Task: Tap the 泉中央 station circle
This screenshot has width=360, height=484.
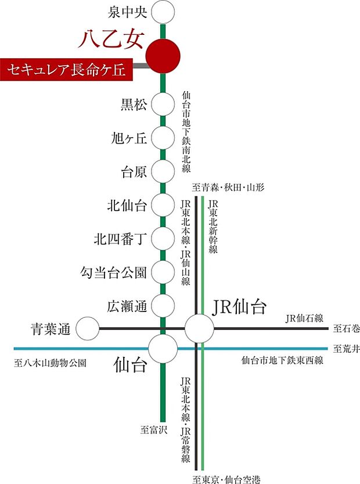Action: pos(163,12)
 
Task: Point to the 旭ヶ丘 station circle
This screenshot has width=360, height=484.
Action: pos(163,138)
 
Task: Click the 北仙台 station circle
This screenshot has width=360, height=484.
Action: pos(163,205)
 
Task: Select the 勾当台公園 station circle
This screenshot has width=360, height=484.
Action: pos(163,271)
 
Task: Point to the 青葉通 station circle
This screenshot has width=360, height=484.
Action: pos(88,329)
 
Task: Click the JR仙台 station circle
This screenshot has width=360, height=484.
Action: pos(199,329)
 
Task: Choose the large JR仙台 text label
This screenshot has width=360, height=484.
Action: pos(239,306)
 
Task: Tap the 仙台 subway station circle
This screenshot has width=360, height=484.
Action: pos(163,348)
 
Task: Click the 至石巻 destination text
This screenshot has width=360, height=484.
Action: pos(347,329)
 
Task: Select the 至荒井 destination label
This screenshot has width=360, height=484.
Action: pos(347,349)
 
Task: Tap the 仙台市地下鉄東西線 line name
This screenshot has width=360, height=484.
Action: pos(282,361)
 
